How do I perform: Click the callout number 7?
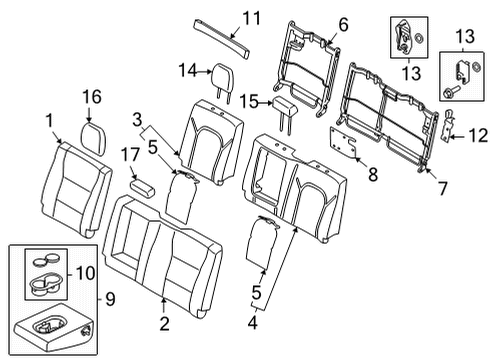point(432,184)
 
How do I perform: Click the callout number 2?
point(161,322)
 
